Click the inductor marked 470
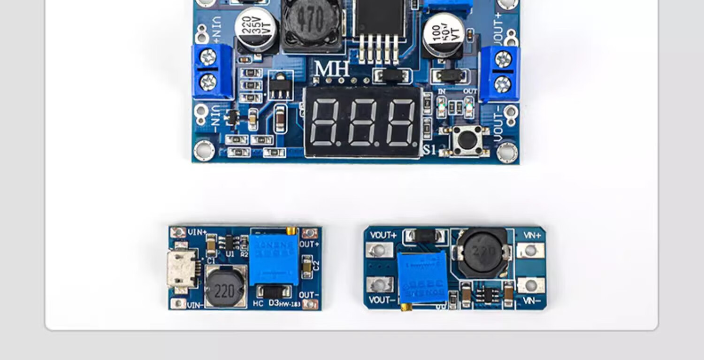pyautogui.click(x=311, y=21)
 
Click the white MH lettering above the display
pyautogui.click(x=332, y=69)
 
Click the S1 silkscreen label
pyautogui.click(x=430, y=150)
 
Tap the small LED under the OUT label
pyautogui.click(x=469, y=108)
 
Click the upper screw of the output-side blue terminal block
pyautogui.click(x=503, y=59)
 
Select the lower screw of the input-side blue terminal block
pyautogui.click(x=208, y=83)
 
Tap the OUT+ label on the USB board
pyautogui.click(x=309, y=245)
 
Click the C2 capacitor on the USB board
pyautogui.click(x=307, y=267)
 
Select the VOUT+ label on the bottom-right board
pyautogui.click(x=383, y=235)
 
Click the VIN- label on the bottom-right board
pyautogui.click(x=531, y=301)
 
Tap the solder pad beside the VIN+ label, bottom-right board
pyautogui.click(x=530, y=250)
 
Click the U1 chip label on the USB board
pyautogui.click(x=230, y=253)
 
